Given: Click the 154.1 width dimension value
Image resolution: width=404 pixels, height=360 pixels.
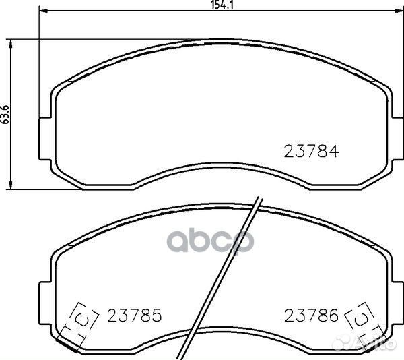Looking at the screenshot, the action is [222, 5].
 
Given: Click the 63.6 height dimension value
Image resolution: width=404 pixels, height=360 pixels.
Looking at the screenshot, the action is [5, 115].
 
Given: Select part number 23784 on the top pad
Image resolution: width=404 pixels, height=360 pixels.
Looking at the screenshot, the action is [311, 152].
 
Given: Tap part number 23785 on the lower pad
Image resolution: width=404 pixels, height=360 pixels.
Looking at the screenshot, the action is [134, 316].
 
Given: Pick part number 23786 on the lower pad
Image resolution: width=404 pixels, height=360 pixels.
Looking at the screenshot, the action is [311, 316].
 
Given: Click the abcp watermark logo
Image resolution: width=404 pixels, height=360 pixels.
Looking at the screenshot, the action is [211, 240].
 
